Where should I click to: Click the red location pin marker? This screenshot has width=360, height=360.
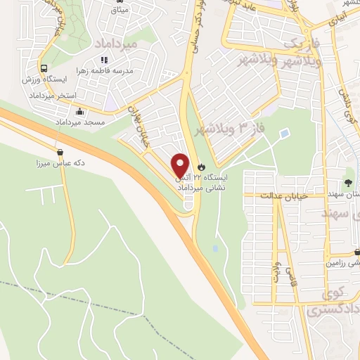[x=181, y=166]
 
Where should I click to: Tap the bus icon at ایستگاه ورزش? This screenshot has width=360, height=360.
[x=44, y=69]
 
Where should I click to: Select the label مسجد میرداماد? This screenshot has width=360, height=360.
[x=79, y=123]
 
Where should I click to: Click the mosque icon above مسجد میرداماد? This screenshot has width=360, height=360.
[x=79, y=112]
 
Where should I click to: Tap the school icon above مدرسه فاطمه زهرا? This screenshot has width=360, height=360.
[x=103, y=60]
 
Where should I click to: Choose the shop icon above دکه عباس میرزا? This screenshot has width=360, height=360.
[x=60, y=152]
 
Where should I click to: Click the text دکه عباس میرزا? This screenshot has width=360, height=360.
[x=60, y=162]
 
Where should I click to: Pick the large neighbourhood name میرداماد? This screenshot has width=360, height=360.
[x=112, y=44]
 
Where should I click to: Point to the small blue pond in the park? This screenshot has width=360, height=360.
[x=284, y=133]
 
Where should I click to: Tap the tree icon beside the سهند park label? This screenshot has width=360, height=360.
[x=349, y=172]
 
